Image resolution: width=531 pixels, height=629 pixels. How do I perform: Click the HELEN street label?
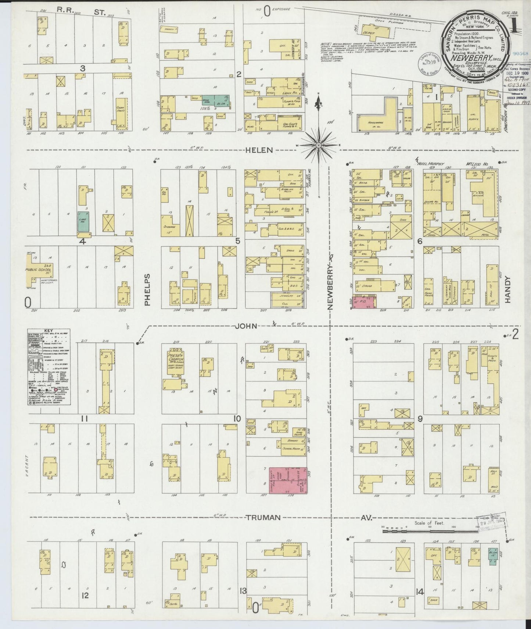coord(259,150)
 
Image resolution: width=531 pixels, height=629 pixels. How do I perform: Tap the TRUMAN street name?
coord(263,518)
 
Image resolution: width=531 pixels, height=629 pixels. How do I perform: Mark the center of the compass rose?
coord(319,146)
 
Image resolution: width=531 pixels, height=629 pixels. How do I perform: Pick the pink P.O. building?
coord(364,302)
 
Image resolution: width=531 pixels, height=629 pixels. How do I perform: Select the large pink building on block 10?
coord(288,480)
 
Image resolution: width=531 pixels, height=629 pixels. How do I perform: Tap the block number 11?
coord(85,419)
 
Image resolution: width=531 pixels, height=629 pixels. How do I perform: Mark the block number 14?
coord(419,602)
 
